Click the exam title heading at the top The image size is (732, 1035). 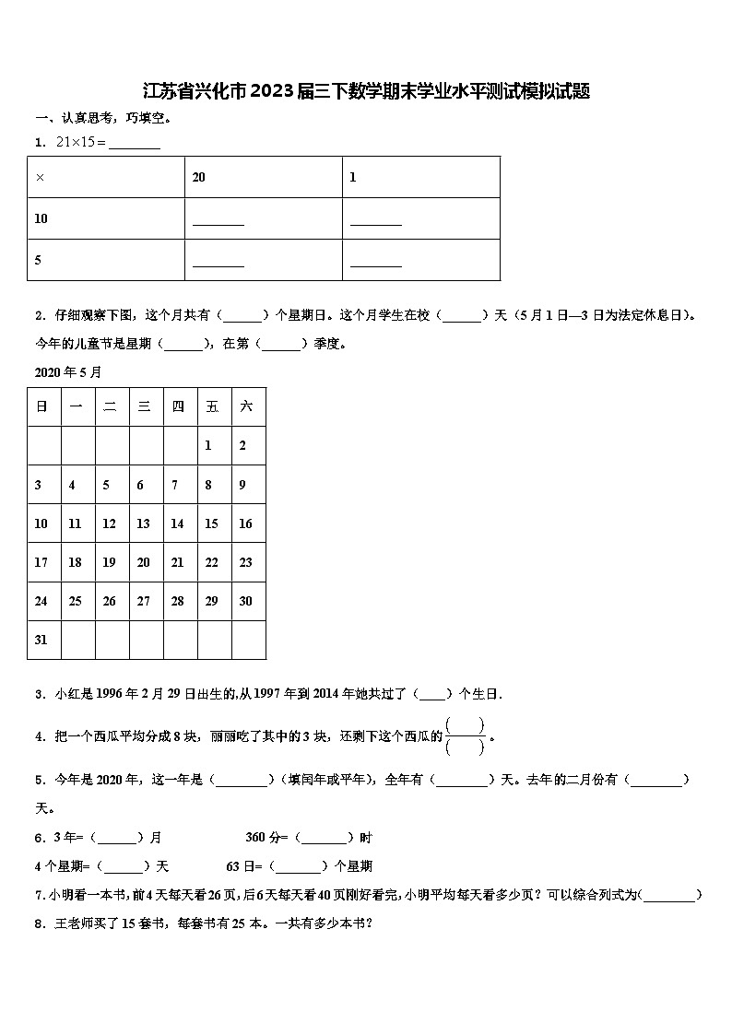366,91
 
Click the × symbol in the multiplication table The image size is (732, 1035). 40,177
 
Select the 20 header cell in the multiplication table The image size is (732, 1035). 198,177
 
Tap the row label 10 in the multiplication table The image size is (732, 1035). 41,218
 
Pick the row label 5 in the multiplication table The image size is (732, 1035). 38,260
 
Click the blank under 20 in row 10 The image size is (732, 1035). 218,221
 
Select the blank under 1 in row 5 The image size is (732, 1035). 376,263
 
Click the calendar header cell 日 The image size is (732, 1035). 41,406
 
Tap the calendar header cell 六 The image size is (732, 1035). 246,406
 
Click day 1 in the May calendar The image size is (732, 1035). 208,445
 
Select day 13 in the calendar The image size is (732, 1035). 143,523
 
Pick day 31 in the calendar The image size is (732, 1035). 41,640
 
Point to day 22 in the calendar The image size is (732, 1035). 212,562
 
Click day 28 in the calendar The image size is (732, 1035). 178,601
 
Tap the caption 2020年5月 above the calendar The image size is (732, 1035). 68,372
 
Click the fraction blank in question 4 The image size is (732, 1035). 466,736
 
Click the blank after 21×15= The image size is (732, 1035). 135,144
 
